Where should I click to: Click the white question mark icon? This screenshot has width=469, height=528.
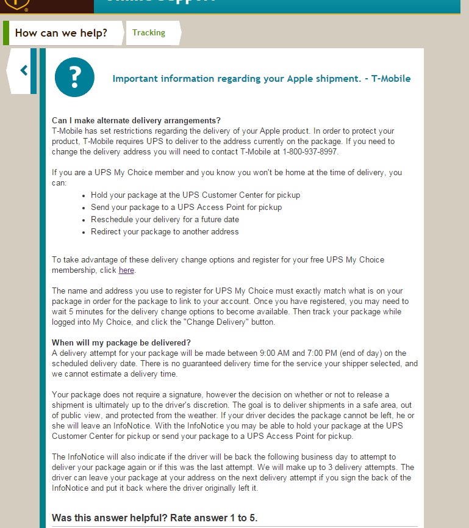point(74,77)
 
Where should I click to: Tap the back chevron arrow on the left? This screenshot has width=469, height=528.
point(24,70)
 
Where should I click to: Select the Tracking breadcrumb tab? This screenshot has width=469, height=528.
point(149,32)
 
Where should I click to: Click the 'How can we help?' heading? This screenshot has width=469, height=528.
point(61,33)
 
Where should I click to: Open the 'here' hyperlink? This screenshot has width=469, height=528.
point(126,270)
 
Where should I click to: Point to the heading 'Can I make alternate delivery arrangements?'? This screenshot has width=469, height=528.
point(136,120)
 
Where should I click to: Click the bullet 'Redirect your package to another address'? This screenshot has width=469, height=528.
point(165,231)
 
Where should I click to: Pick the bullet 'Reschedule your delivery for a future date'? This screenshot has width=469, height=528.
point(165,219)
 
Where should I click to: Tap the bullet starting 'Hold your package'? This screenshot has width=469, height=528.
point(195,195)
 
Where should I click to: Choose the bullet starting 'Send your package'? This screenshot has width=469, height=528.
point(186,207)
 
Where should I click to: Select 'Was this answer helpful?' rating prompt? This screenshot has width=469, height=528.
point(154,518)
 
